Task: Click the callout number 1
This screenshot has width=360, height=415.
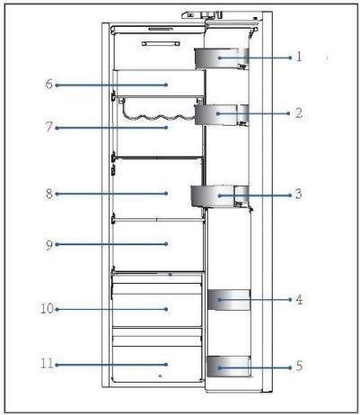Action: point(299,57)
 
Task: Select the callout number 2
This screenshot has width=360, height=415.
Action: point(299,113)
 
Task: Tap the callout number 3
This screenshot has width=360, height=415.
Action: point(299,194)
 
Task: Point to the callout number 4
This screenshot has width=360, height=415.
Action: point(299,299)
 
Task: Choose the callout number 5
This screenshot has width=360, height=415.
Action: point(299,366)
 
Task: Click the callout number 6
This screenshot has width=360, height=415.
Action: point(49,84)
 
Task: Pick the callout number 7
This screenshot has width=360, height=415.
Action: point(49,127)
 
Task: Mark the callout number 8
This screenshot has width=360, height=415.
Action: point(49,194)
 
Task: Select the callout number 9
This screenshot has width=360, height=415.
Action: point(49,245)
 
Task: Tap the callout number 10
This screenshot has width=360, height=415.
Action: point(47,309)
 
